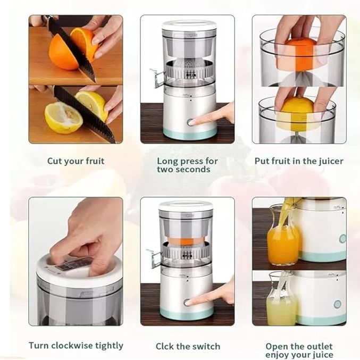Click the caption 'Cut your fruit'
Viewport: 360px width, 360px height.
(x=76, y=161)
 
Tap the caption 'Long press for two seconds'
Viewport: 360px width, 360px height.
(x=187, y=165)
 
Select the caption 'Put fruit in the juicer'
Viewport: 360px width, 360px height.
(x=299, y=161)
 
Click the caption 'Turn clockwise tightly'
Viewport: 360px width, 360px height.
(x=76, y=346)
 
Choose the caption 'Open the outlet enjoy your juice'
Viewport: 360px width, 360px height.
(x=299, y=350)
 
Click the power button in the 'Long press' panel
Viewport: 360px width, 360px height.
(x=190, y=122)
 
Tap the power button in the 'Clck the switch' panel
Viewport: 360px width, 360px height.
(x=187, y=303)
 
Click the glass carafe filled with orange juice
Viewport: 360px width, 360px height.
(x=282, y=242)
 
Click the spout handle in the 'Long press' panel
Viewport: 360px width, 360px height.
(x=156, y=78)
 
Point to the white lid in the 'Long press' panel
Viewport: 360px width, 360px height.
(x=189, y=25)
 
